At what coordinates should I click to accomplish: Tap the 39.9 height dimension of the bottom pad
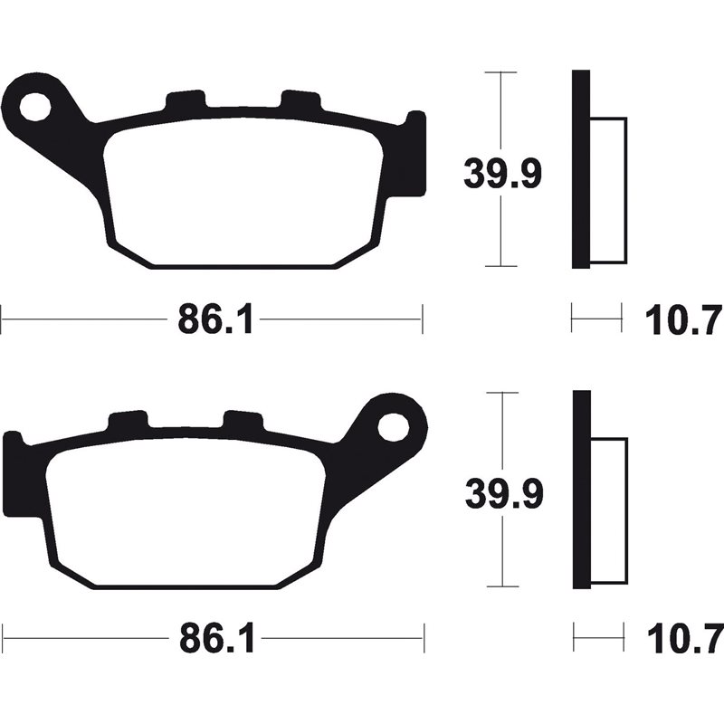pyautogui.click(x=501, y=492)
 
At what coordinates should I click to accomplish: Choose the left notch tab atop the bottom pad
pyautogui.click(x=128, y=422)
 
